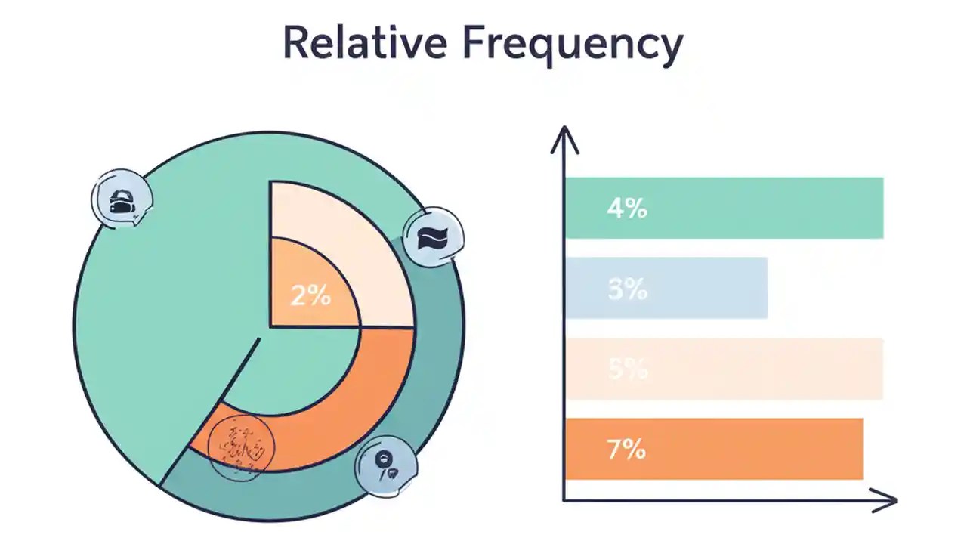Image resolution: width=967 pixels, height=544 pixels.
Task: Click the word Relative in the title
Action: (x=365, y=43)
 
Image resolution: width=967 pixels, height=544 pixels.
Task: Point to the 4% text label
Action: (x=626, y=209)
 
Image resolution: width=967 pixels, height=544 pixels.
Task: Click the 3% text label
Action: (x=627, y=289)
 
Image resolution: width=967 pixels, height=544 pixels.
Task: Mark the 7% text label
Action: (x=626, y=450)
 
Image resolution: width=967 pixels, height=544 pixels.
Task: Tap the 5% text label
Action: (x=627, y=369)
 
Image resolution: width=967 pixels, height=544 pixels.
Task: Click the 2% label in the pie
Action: (x=310, y=295)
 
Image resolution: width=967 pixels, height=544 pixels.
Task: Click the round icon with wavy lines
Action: (x=434, y=237)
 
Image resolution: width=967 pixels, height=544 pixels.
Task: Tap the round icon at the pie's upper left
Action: (x=122, y=199)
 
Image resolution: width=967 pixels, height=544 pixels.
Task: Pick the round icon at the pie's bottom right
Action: (x=385, y=463)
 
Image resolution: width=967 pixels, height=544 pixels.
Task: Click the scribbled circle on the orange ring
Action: (x=240, y=447)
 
